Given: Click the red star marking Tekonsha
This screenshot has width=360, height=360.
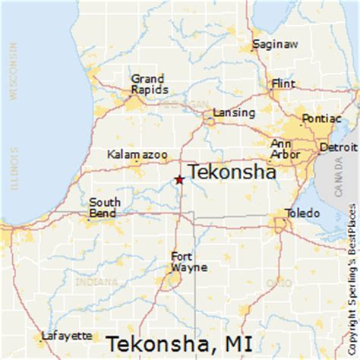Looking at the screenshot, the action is pos(179,180).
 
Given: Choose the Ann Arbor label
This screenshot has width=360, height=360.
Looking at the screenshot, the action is pos(283,149).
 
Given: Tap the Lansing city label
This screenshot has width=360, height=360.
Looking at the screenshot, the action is pos(234,112).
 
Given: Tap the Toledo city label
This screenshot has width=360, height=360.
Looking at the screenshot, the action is pos(301,213).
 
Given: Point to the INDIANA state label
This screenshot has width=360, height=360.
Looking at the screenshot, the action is pos(92,282).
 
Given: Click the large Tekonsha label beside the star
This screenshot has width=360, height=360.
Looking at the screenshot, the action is pos(230,172).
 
